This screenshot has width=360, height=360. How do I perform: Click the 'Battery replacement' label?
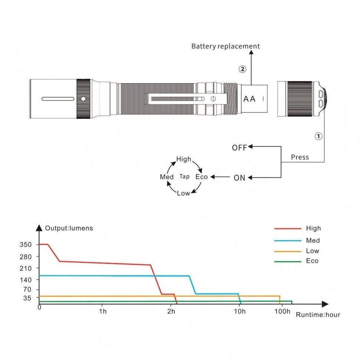pos(225,46)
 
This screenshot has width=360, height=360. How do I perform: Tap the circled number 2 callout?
pos(242,69)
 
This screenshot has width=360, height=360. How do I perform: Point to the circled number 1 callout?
pos(318,136)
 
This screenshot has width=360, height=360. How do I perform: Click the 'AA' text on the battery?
pos(249,99)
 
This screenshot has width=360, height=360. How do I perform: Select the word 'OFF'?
pos(239,148)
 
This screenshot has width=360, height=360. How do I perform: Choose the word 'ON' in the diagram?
pos(239,178)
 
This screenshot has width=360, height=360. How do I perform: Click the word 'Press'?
pos(300,157)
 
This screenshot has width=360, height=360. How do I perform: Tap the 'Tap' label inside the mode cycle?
pos(184,177)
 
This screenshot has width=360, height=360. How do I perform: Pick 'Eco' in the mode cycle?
pos(202,177)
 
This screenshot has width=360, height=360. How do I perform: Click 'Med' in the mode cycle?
pos(167,177)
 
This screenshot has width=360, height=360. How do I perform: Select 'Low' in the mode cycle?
pos(183,193)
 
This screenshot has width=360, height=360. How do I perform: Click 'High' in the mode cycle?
pos(184,159)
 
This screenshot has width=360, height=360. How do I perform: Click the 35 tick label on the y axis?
pos(28,298)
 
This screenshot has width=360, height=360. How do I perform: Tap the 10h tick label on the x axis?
pos(240,311)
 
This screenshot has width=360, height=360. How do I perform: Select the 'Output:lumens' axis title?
pos(69,228)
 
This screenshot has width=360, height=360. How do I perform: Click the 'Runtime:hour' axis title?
pos(318,315)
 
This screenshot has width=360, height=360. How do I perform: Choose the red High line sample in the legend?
pos(288,229)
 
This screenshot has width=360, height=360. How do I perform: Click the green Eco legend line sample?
pos(288,262)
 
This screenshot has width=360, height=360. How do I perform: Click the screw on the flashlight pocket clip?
pos(213,99)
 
